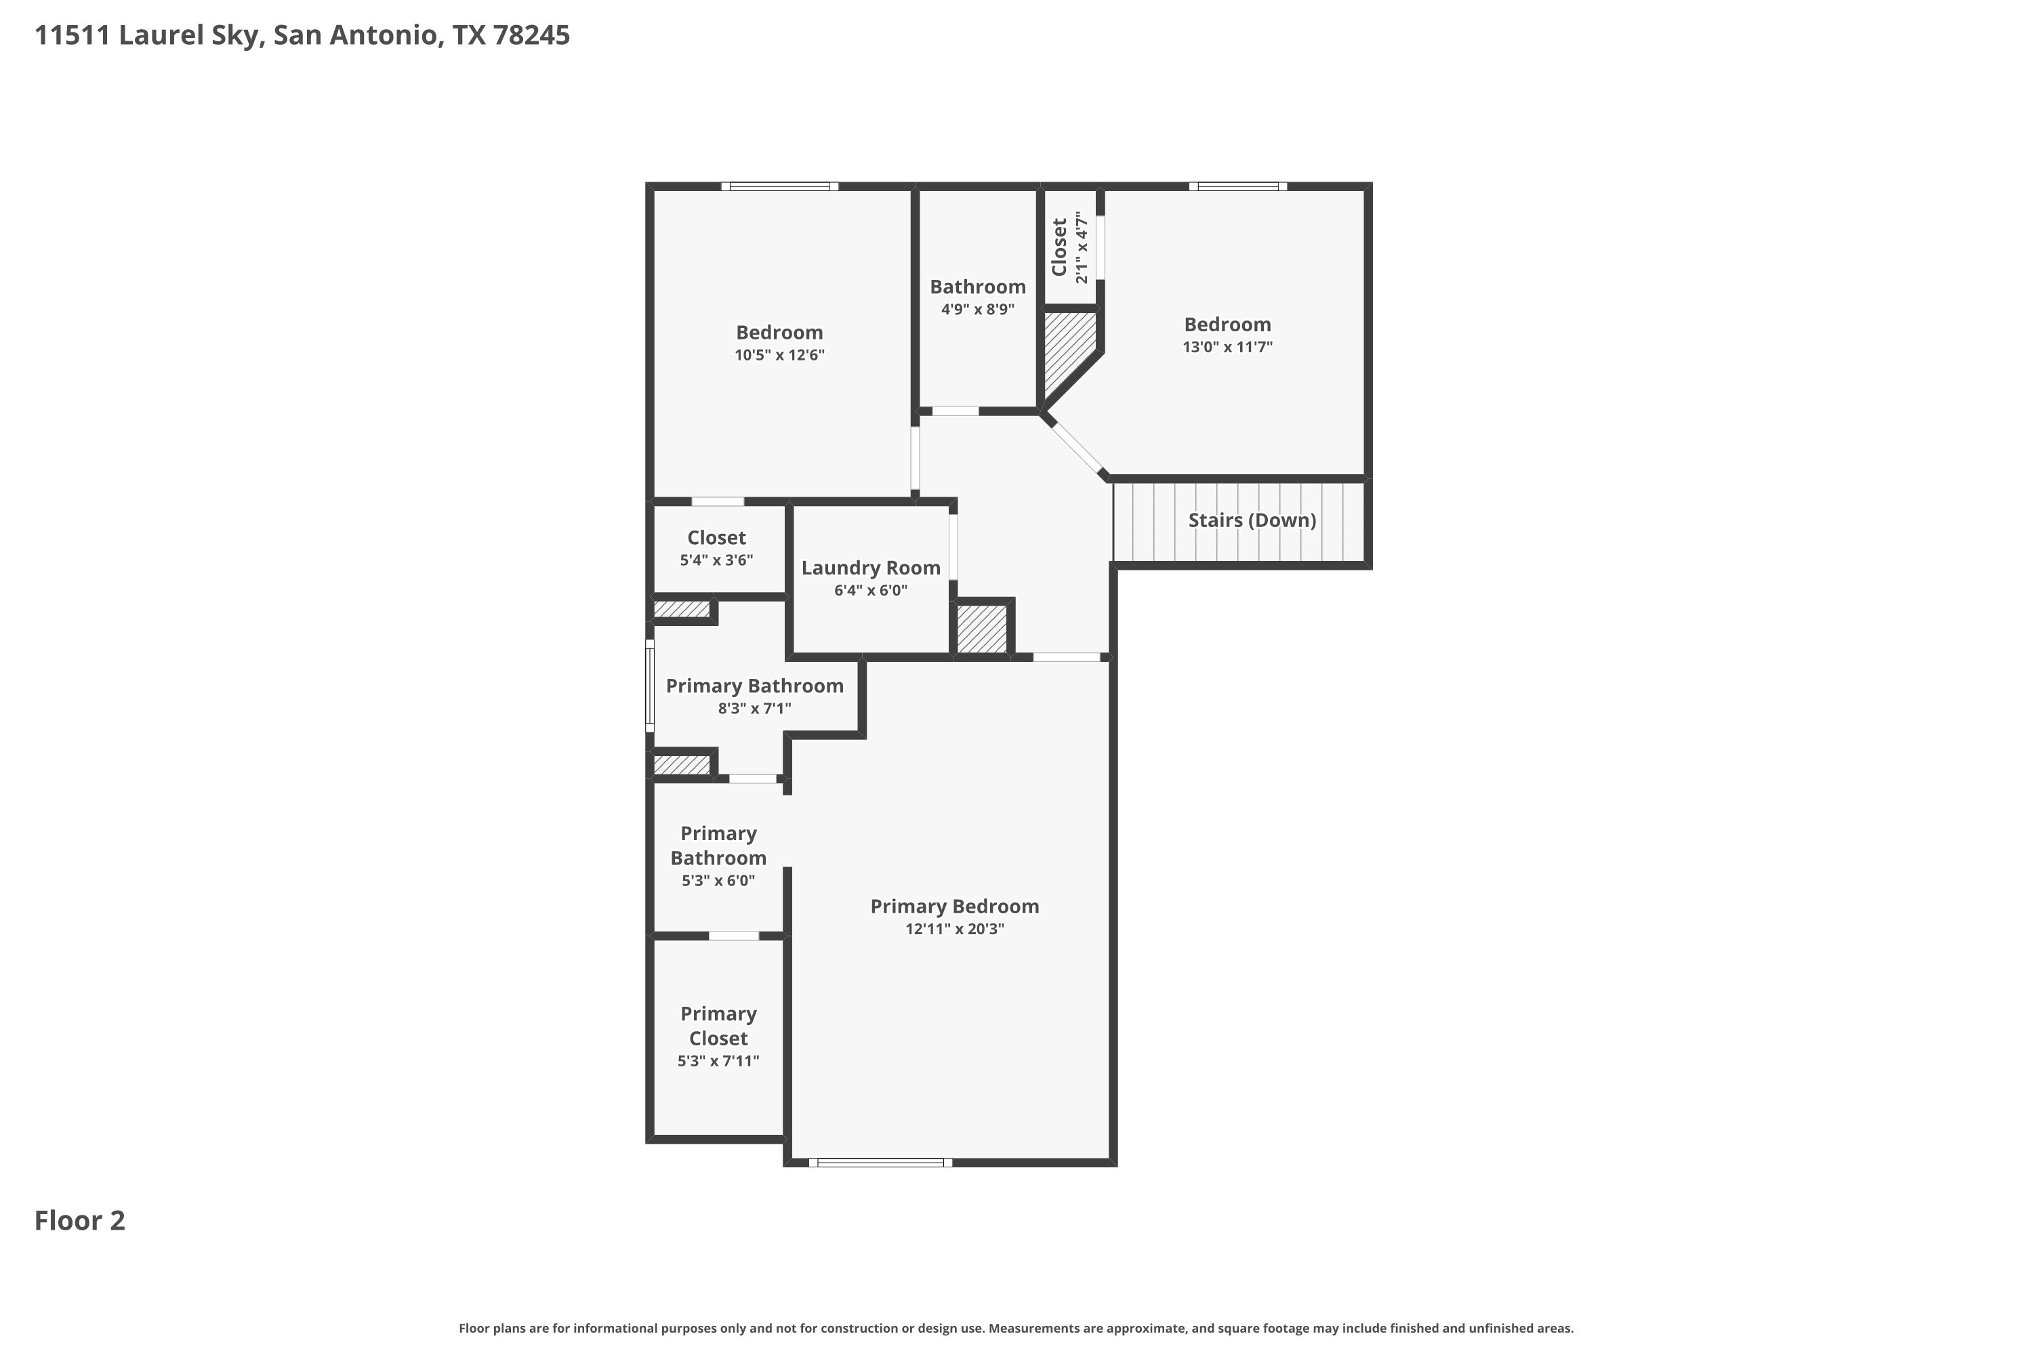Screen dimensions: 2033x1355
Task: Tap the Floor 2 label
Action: coord(79,1220)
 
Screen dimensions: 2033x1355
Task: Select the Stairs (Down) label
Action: coord(1252,520)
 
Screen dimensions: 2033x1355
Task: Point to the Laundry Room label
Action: coord(870,568)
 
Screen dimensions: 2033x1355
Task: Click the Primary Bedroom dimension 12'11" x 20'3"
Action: coord(954,929)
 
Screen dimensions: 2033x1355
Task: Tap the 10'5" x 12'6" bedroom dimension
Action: coord(780,355)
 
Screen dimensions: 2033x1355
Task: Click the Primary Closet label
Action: coord(718,1026)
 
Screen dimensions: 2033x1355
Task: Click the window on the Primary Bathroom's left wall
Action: coord(650,685)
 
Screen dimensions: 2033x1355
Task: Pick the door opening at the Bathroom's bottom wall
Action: coord(955,411)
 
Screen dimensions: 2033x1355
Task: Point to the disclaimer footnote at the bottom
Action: coord(1016,1328)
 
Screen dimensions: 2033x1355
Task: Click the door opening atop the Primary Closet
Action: coord(734,936)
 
